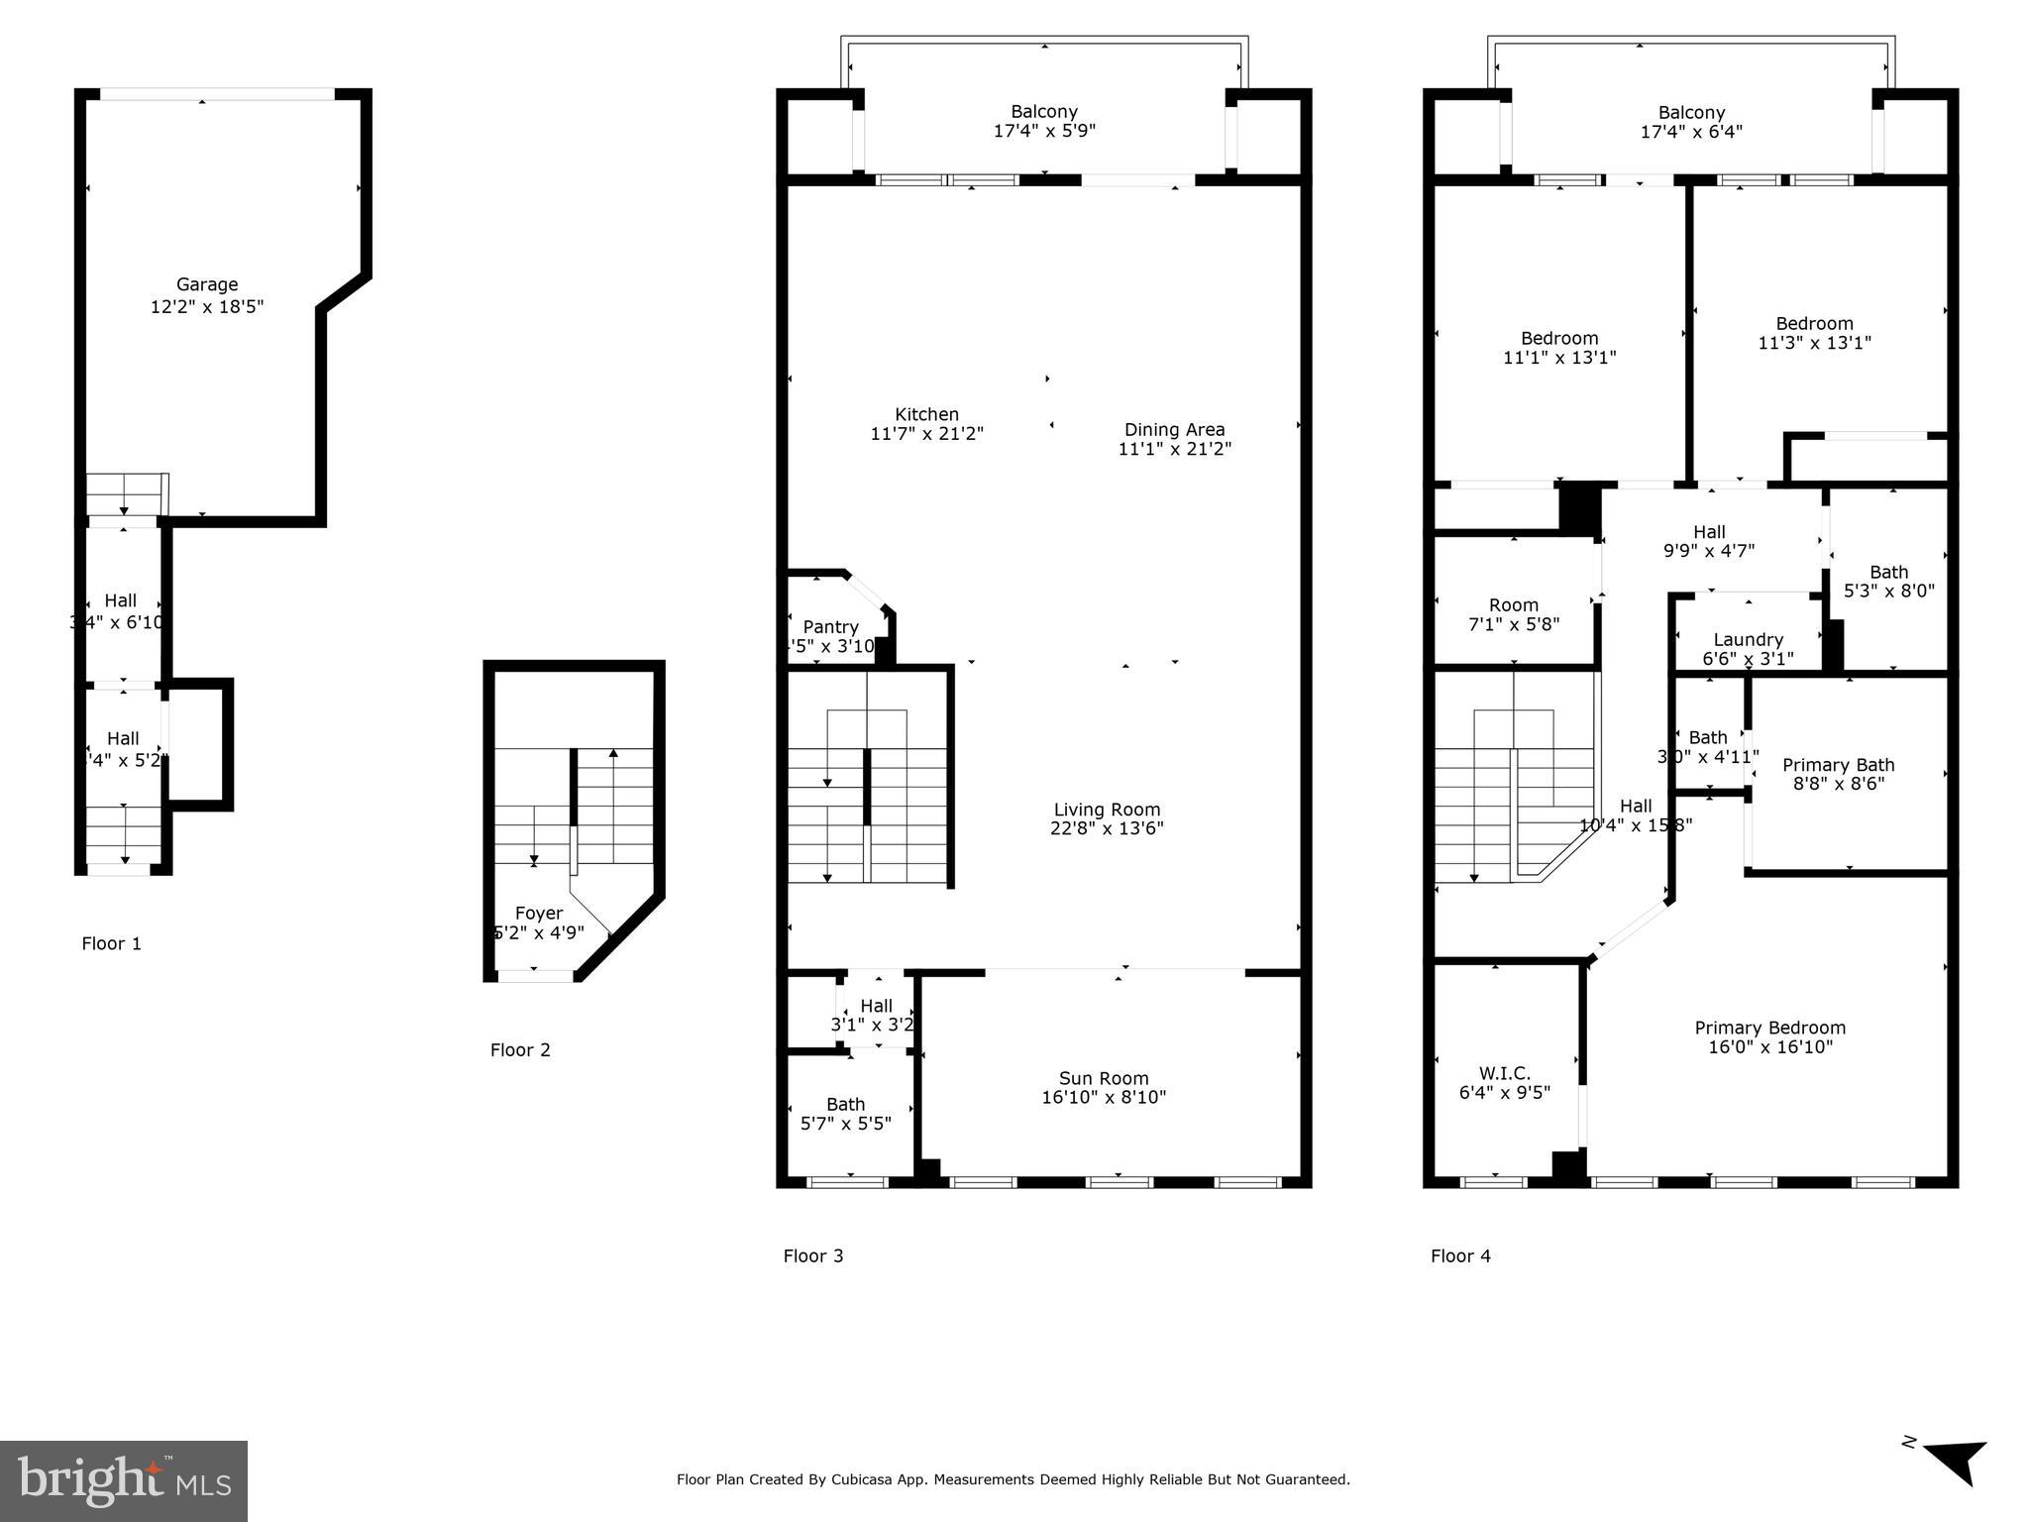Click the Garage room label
[207, 285]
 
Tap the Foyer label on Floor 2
[539, 914]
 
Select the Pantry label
[830, 627]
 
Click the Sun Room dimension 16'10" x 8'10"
[1104, 1098]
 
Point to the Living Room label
[1107, 810]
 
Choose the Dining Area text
[1174, 430]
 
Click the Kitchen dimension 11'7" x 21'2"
[926, 434]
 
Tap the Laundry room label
[1748, 640]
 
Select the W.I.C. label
[1504, 1073]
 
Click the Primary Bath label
[1838, 765]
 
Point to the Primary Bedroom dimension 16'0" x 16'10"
[1770, 1047]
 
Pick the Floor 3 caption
[812, 1256]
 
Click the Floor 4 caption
[1459, 1256]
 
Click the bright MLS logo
[124, 1480]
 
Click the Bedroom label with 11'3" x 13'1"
[1814, 324]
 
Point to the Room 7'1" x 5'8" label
[1513, 605]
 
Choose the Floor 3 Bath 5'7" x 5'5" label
[845, 1104]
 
